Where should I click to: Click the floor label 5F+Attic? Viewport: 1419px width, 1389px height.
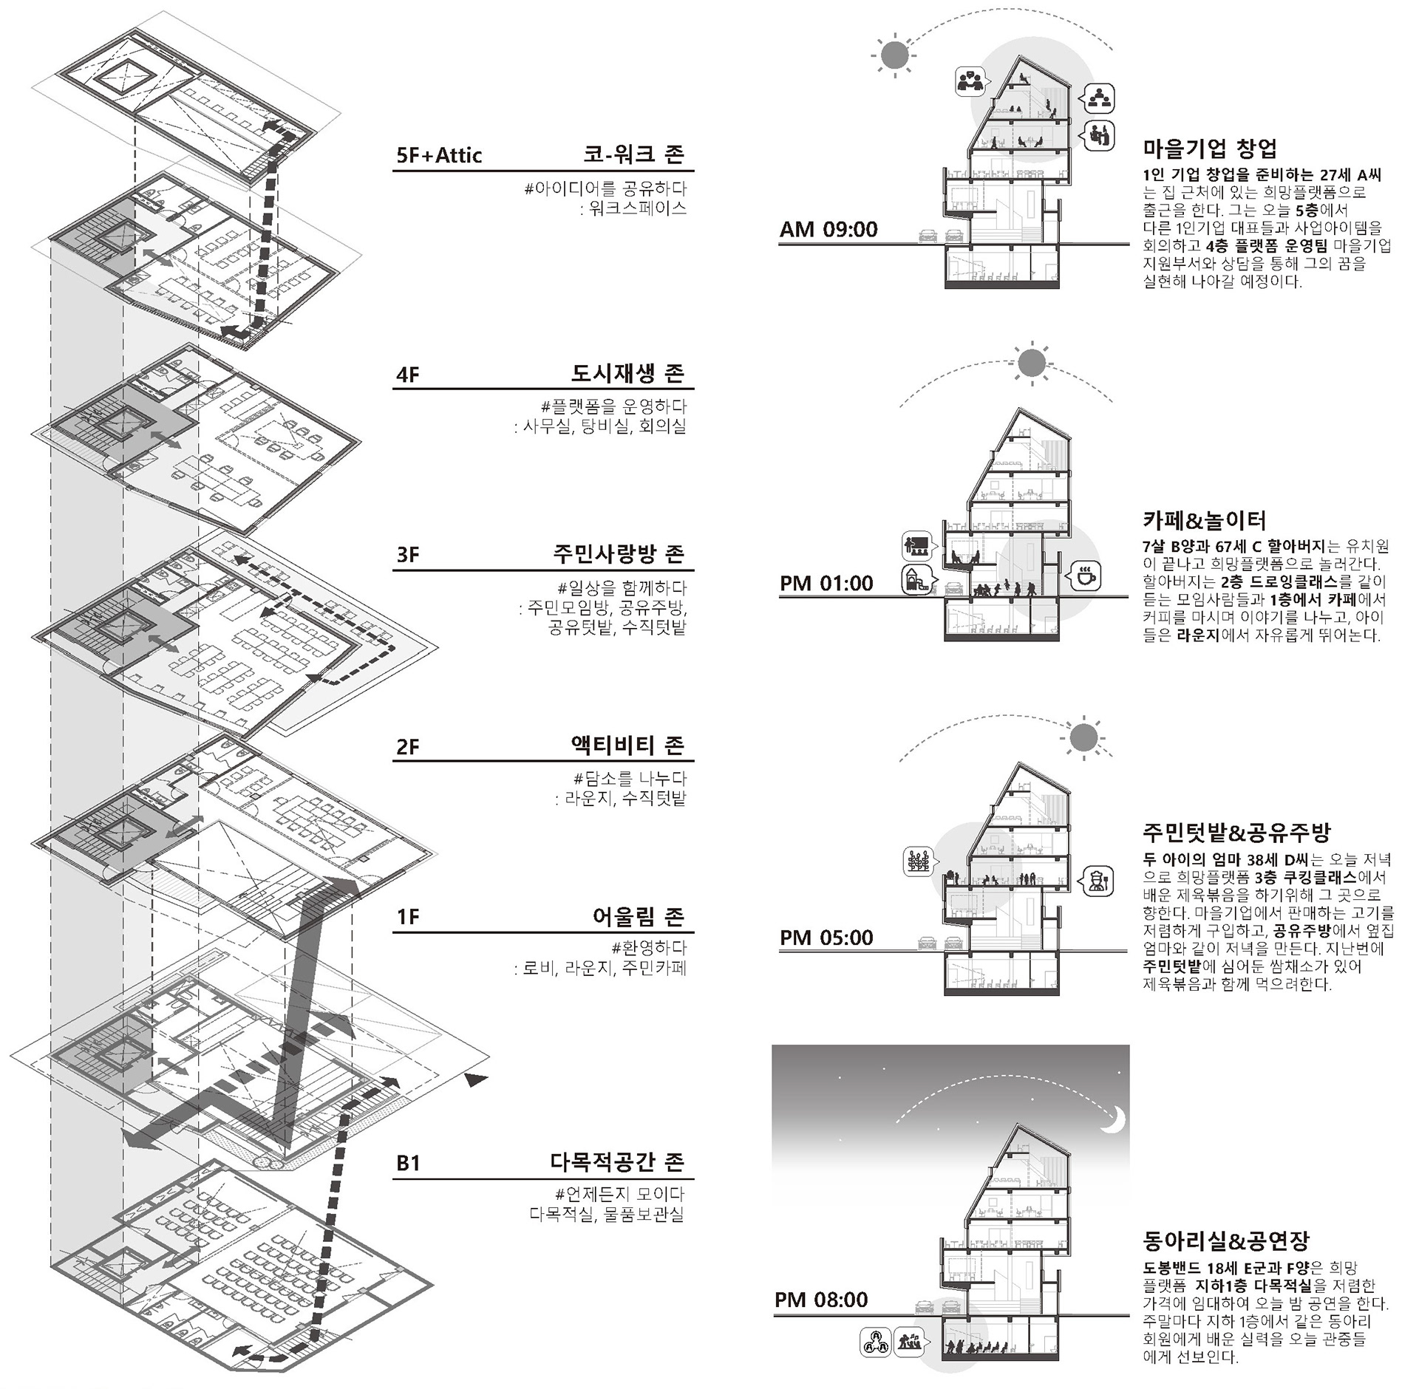439,156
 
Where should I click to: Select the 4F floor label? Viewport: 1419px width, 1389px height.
408,375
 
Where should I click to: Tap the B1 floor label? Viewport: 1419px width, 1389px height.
408,1163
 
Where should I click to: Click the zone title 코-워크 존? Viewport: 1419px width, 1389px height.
633,154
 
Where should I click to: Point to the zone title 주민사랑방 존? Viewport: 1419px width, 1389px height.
619,554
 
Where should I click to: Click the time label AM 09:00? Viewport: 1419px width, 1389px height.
828,230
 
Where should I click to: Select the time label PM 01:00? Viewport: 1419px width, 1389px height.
826,584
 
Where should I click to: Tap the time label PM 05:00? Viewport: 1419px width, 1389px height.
826,938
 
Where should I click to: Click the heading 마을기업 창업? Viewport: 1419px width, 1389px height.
1210,149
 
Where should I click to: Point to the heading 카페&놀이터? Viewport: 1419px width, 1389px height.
1204,521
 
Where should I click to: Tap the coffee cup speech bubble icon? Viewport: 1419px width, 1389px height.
1084,576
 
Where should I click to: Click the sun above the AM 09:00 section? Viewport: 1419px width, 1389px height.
894,54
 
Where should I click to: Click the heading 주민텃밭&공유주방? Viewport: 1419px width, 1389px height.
1236,833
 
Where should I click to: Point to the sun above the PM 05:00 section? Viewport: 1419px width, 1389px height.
1083,737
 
